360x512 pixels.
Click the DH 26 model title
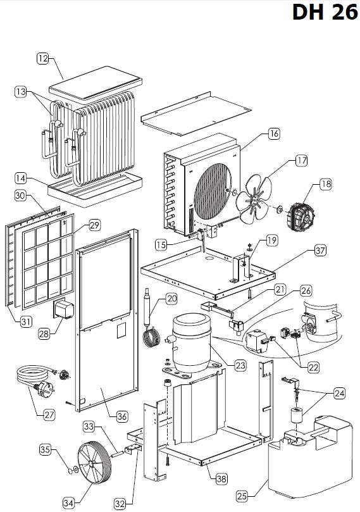[325, 13]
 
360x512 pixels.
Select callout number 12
[42, 58]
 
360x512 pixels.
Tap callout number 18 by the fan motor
[326, 184]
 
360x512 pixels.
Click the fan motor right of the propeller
[301, 216]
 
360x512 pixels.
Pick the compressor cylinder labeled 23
[192, 342]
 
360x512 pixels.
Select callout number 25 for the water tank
[242, 496]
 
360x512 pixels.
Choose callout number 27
[49, 415]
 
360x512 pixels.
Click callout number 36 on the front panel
[121, 416]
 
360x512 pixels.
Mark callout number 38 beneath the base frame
[221, 479]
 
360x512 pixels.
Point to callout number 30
[20, 196]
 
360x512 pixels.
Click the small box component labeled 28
[63, 309]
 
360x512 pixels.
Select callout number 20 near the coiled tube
[171, 299]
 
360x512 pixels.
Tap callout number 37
[321, 251]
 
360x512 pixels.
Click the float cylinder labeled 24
[297, 415]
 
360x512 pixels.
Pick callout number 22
[313, 367]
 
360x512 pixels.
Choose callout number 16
[274, 134]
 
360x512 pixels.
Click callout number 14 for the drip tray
[20, 178]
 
